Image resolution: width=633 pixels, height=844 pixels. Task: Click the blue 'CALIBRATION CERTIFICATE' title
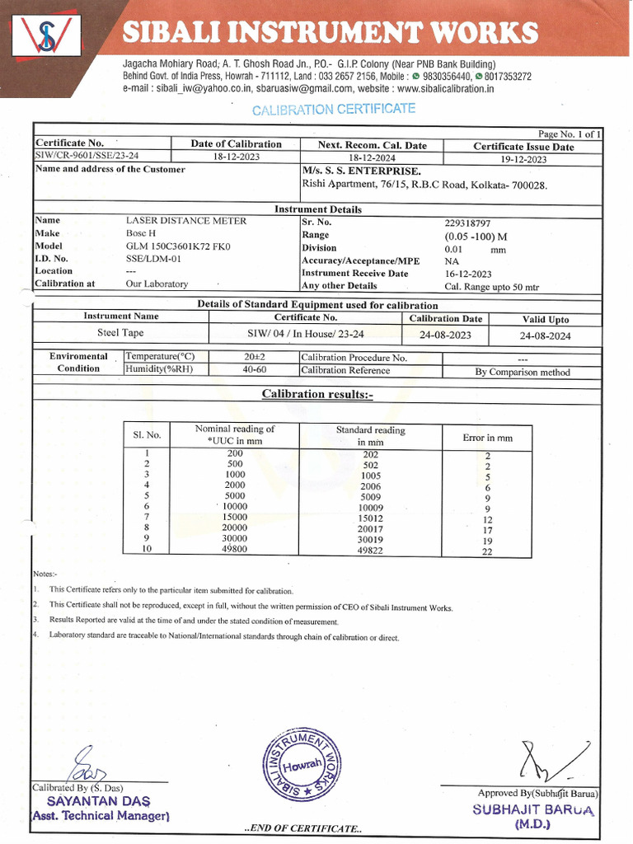(333, 110)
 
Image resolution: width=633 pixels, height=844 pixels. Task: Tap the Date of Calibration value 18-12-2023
(236, 157)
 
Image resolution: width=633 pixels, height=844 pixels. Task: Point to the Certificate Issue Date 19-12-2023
(523, 159)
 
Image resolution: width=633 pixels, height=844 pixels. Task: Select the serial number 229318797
(467, 223)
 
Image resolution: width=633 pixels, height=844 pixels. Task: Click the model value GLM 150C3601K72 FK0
(178, 246)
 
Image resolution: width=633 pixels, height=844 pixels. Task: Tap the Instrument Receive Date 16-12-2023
(467, 274)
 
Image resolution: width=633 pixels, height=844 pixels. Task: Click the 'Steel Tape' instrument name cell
(122, 334)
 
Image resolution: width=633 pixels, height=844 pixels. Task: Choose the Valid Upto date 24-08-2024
(545, 335)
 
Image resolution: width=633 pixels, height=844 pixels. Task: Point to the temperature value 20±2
(255, 357)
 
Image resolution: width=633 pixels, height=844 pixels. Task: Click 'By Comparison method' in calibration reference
(523, 372)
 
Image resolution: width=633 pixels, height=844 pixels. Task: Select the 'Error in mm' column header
(487, 438)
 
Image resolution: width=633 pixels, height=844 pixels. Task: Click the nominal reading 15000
(235, 517)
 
